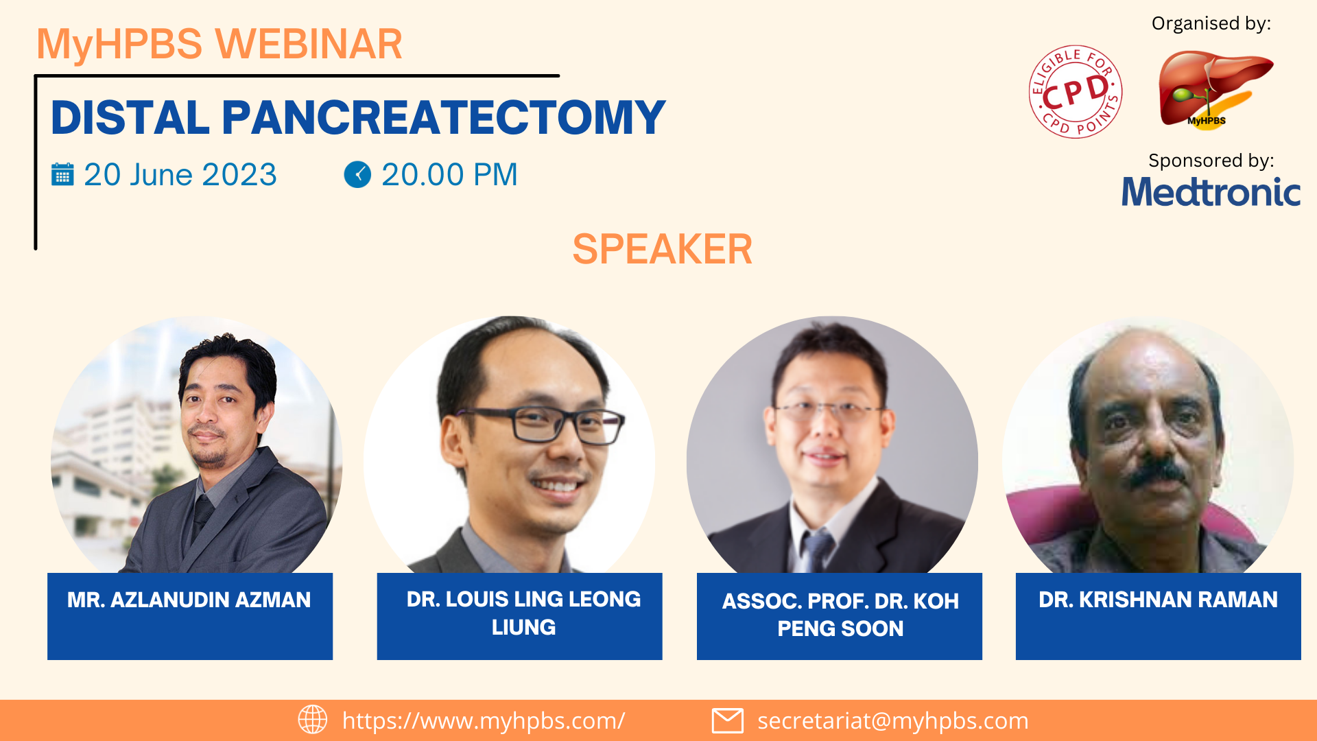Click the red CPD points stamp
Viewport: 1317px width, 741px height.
(1076, 92)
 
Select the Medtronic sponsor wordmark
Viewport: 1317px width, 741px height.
(1211, 191)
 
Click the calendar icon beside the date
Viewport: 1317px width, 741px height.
(62, 174)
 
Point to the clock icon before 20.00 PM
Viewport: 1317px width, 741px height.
(357, 174)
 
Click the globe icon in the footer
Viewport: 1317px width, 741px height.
(313, 720)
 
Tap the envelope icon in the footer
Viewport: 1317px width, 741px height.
(728, 720)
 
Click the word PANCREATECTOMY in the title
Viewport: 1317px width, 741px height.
(444, 117)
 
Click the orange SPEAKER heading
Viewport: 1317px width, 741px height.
(663, 248)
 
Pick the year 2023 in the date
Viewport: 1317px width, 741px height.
(239, 174)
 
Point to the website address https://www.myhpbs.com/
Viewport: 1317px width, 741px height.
(484, 720)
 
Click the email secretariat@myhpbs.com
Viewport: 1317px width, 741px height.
(893, 720)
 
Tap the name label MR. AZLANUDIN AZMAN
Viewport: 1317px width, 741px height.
(189, 600)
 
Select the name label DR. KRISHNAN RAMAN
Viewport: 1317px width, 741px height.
(1158, 600)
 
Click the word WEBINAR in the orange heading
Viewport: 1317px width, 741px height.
(309, 44)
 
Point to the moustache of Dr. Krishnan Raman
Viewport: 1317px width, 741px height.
(1159, 472)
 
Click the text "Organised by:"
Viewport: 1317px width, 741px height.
(1211, 23)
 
